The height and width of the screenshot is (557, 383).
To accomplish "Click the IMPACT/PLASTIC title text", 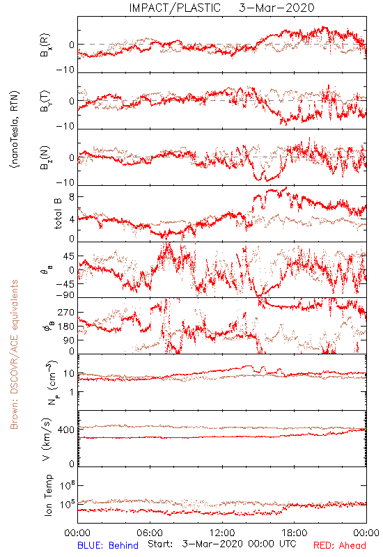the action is (175, 8).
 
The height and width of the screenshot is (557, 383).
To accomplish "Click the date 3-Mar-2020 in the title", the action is (276, 8).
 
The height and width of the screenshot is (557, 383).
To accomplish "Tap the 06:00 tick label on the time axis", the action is (150, 533).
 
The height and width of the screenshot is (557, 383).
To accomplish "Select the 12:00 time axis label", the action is (222, 533).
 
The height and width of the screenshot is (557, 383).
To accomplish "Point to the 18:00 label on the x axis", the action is (295, 533).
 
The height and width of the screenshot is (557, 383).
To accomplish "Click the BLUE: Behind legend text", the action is (108, 545).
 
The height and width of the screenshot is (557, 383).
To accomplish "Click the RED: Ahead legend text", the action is (340, 545).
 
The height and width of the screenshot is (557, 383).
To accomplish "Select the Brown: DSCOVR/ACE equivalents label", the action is (14, 354).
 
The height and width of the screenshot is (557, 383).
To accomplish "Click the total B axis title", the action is (58, 214).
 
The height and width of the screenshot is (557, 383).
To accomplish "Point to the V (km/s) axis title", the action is (47, 440).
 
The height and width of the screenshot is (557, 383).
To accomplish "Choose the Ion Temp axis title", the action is (48, 495).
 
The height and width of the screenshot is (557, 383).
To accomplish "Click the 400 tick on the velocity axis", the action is (66, 430).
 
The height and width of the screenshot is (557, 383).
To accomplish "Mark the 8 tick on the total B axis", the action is (72, 197).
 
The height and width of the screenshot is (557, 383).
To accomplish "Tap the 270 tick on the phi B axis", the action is (66, 313).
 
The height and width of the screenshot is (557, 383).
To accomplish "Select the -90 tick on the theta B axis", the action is (65, 295).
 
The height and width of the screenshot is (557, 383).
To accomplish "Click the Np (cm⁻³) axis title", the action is (52, 382).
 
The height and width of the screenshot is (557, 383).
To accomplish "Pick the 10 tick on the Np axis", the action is (69, 374).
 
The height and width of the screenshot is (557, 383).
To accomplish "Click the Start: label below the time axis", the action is (160, 544).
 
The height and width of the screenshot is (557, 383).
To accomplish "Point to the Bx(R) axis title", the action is (45, 45).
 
